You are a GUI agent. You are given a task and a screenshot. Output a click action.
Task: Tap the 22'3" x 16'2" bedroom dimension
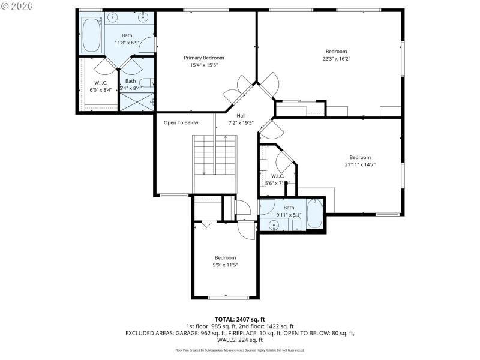click(x=336, y=59)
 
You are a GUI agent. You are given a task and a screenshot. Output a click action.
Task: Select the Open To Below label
click(x=181, y=122)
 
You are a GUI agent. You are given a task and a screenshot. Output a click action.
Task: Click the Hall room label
click(x=241, y=116)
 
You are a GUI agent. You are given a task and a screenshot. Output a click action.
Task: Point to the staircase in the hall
click(x=214, y=155)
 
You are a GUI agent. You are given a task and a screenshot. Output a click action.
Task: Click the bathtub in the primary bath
click(x=92, y=34)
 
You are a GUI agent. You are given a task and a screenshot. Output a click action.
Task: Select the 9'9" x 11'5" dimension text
click(x=226, y=265)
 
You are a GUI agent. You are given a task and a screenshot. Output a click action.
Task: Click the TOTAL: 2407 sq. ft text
click(x=239, y=319)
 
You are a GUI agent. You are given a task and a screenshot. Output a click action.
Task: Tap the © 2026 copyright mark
click(x=17, y=7)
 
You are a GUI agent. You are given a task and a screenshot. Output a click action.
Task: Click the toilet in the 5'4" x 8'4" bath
click(x=146, y=83)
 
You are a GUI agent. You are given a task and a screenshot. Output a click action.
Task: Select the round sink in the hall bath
click(x=274, y=226)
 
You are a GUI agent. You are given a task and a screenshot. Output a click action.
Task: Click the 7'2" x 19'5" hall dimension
click(x=241, y=123)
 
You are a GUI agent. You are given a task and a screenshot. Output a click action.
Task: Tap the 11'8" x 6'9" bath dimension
click(x=127, y=43)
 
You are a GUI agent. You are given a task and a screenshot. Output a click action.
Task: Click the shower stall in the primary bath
click(x=137, y=102)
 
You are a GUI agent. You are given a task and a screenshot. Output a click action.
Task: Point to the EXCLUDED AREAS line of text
click(x=239, y=333)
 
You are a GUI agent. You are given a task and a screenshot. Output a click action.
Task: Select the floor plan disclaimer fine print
click(x=239, y=350)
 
